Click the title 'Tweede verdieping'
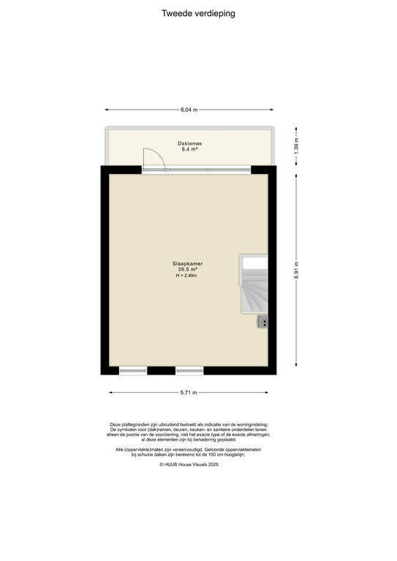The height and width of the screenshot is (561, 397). click(198, 13)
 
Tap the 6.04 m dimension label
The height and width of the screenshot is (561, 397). click(189, 110)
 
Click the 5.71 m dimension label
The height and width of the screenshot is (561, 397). click(189, 393)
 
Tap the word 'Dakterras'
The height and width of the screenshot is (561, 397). click(189, 144)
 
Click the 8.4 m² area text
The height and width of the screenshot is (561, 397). click(189, 150)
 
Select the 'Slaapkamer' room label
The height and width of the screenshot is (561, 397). click(187, 264)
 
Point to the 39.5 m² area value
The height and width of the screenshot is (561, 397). click(187, 270)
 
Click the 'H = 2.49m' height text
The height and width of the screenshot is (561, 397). click(187, 276)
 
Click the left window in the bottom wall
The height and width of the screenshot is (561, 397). click(134, 370)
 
